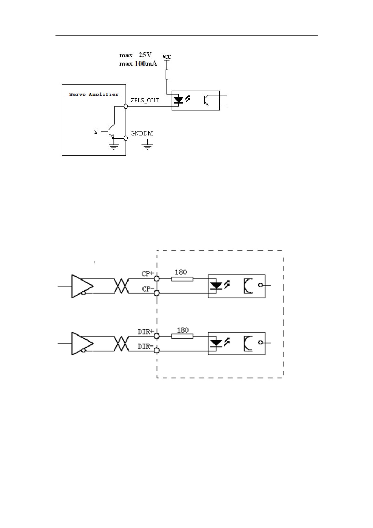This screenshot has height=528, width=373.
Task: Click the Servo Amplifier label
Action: pyautogui.click(x=94, y=94)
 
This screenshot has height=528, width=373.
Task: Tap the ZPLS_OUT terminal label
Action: pyautogui.click(x=145, y=101)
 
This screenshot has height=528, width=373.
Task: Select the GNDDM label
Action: pyautogui.click(x=141, y=133)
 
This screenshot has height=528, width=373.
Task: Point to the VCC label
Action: pyautogui.click(x=167, y=57)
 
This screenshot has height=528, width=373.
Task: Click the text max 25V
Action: pyautogui.click(x=135, y=55)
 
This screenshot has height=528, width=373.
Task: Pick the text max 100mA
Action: pyautogui.click(x=138, y=64)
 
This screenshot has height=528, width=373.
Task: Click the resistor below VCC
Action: pyautogui.click(x=167, y=75)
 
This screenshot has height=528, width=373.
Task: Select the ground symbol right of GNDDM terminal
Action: pyautogui.click(x=147, y=147)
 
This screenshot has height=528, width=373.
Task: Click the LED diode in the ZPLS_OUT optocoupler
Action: pyautogui.click(x=179, y=100)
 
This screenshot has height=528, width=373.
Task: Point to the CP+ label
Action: pyautogui.click(x=148, y=274)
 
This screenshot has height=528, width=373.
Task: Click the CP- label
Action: pyautogui.click(x=148, y=289)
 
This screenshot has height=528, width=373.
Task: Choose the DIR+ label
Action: pyautogui.click(x=146, y=332)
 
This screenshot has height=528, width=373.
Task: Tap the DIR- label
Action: pyautogui.click(x=146, y=346)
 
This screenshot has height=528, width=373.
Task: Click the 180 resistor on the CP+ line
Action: pyautogui.click(x=182, y=279)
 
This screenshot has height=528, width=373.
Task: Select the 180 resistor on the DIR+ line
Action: pyautogui.click(x=182, y=336)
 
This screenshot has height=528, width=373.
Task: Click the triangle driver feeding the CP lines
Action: pyautogui.click(x=82, y=286)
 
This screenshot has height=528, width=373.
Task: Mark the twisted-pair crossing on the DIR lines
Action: pyautogui.click(x=121, y=343)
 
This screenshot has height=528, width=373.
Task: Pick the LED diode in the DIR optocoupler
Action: pyautogui.click(x=216, y=343)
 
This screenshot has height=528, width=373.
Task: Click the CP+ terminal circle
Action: pyautogui.click(x=157, y=279)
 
